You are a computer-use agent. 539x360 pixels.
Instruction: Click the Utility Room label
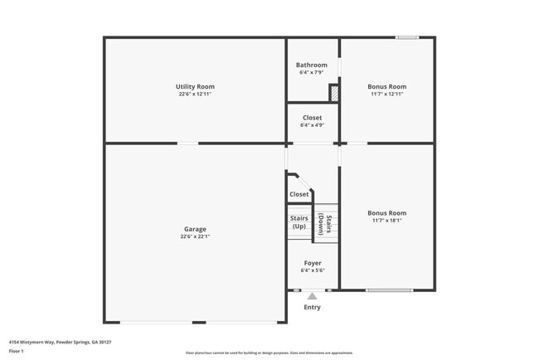tap(195, 86)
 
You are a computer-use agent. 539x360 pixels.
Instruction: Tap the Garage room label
tap(195, 229)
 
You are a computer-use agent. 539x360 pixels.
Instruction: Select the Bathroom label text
tap(313, 65)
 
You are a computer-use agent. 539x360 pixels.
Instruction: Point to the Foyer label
tap(312, 263)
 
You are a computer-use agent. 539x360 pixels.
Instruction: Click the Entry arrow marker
tap(312, 295)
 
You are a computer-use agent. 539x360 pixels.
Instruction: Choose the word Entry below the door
tap(312, 308)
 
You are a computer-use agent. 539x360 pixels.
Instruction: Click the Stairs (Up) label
tap(299, 222)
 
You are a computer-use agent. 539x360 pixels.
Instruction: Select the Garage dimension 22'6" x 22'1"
tap(195, 236)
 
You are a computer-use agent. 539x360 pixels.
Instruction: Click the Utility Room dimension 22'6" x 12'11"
tap(195, 94)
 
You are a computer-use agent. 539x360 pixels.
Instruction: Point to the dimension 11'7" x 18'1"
tap(387, 221)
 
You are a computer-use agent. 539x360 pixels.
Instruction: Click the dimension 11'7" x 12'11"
tap(387, 94)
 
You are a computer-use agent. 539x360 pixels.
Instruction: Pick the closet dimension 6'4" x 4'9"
tap(312, 125)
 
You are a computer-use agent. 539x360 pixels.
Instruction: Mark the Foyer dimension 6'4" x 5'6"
tap(312, 270)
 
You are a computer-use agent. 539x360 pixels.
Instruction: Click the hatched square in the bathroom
tap(334, 94)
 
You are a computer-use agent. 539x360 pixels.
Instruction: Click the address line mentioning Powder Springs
tap(61, 342)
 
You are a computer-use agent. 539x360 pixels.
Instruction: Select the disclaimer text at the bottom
tap(269, 353)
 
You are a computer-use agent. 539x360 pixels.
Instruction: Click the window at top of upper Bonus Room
tap(406, 37)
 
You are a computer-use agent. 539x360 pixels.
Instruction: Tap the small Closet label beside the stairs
tap(299, 194)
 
